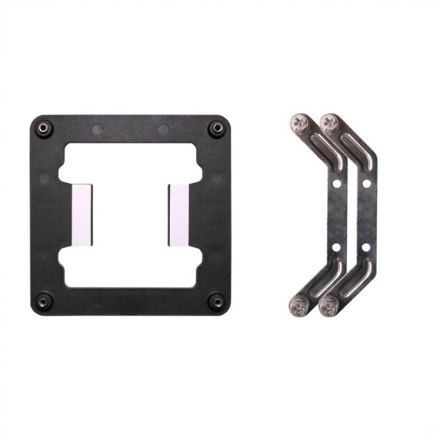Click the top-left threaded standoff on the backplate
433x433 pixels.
[x=44, y=128]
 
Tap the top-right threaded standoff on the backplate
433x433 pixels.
[x=216, y=128]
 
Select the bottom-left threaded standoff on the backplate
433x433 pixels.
[x=44, y=301]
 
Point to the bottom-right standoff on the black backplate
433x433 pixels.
[x=216, y=301]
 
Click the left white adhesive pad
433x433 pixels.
[x=81, y=214]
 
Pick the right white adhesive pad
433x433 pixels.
[x=178, y=214]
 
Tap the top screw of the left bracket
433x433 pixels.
[x=300, y=121]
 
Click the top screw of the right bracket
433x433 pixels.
[x=330, y=121]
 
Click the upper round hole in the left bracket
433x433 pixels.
[x=336, y=184]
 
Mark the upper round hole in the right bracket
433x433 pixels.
[x=367, y=184]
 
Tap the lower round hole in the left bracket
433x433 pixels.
[x=336, y=247]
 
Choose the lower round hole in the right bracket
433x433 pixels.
[x=367, y=247]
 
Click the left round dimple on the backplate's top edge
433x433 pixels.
[x=97, y=129]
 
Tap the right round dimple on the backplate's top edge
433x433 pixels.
[x=163, y=129]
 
